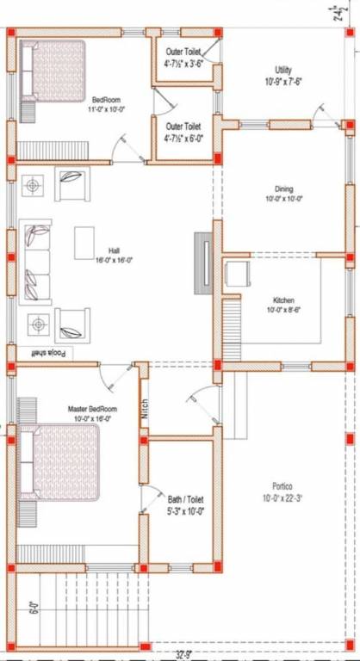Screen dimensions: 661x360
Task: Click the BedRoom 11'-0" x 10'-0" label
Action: [x=108, y=104]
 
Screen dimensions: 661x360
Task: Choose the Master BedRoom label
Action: [x=92, y=414]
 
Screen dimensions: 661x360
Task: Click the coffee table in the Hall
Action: [x=85, y=242]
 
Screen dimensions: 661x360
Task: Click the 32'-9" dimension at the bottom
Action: [x=183, y=654]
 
